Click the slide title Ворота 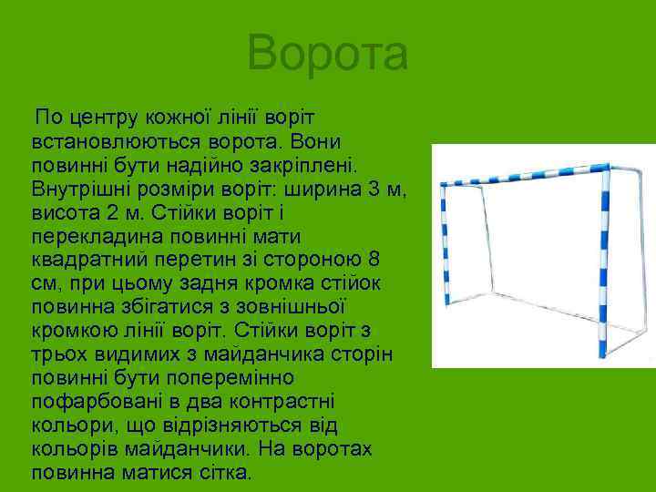(x=327, y=52)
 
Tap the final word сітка (x=229, y=474)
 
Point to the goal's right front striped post (x=602, y=264)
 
